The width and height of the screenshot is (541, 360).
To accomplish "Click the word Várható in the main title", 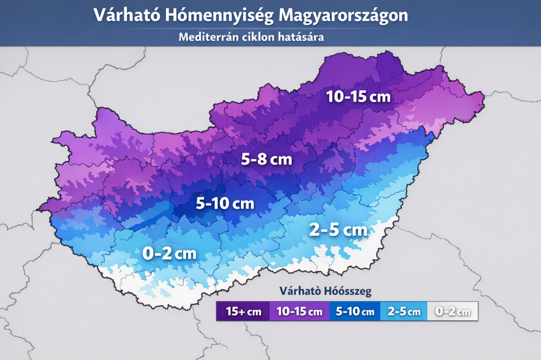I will coord(127,15).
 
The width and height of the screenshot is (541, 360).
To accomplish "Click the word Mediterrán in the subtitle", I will coord(203,37).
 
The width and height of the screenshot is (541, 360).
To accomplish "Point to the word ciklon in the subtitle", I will coord(250,37).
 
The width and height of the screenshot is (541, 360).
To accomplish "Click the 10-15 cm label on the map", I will coord(358,97).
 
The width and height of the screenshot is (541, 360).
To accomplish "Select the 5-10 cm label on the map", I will coord(225,203).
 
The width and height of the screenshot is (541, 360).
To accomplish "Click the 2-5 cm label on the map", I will coord(338,230).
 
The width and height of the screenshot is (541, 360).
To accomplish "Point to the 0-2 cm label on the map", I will coord(169,253).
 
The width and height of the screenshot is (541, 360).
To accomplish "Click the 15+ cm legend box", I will coord(243,311).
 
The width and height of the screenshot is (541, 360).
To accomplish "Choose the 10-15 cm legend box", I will coord(299,311).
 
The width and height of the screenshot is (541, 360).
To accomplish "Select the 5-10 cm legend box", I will coord(354,311).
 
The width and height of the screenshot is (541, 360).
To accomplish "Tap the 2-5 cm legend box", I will coord(404,311).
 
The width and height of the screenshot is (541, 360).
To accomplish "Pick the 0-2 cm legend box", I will coord(452,311).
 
